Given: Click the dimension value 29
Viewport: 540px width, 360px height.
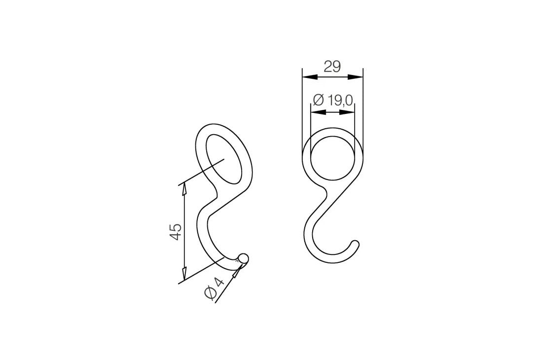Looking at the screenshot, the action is pyautogui.click(x=332, y=66).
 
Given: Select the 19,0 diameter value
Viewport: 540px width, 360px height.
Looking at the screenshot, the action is pyautogui.click(x=340, y=100).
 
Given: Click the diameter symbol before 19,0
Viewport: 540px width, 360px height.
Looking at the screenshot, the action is pyautogui.click(x=319, y=100).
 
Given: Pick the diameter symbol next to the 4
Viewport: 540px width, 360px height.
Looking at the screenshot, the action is pyautogui.click(x=210, y=293).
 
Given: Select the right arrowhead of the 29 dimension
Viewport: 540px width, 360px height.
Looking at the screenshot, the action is pyautogui.click(x=355, y=77).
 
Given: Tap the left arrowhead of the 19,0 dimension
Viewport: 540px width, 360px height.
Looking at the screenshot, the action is pyautogui.click(x=318, y=112).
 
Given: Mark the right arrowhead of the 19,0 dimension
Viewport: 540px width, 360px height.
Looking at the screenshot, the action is pyautogui.click(x=347, y=112).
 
